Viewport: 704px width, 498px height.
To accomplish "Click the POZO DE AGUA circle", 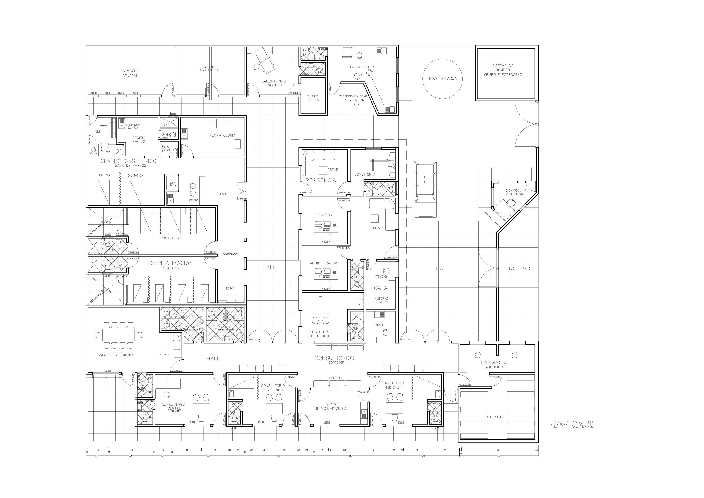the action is point(442,78).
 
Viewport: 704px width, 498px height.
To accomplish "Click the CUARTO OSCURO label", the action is point(313,98).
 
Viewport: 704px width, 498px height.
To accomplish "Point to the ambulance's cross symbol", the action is point(425,179).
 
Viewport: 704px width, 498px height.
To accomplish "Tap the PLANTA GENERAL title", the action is point(572,424).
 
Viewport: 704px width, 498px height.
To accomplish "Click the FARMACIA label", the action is point(494,362).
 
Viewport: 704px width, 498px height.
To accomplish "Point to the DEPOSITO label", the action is point(494,417).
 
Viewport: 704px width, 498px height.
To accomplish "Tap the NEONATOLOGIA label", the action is point(222,135).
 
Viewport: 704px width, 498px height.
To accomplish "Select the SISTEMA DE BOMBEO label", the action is point(503,70).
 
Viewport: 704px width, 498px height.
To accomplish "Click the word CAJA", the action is point(381,288).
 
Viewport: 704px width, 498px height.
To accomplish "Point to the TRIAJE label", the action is point(378,325).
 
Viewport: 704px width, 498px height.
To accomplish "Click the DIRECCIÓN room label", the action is point(323,215).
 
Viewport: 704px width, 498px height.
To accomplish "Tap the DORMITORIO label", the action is point(364,174).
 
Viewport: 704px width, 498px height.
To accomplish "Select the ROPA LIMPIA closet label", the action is point(172,184).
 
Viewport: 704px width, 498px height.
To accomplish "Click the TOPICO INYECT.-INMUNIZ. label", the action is point(331,406).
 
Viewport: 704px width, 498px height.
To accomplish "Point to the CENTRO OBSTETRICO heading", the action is point(128,161).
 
